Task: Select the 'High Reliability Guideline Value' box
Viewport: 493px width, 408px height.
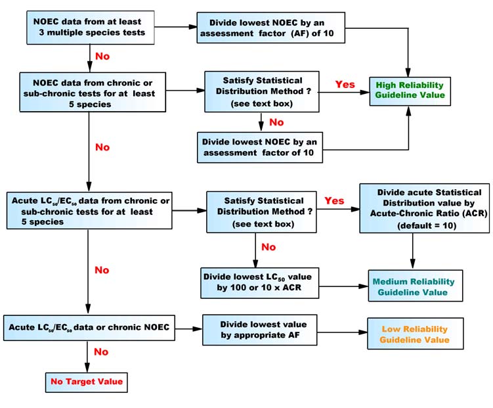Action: pos(410,91)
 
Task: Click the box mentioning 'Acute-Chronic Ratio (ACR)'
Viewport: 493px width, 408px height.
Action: pos(424,208)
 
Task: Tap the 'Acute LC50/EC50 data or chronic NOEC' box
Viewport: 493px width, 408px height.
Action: pos(89,327)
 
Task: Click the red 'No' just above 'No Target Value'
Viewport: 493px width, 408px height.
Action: pos(102,353)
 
